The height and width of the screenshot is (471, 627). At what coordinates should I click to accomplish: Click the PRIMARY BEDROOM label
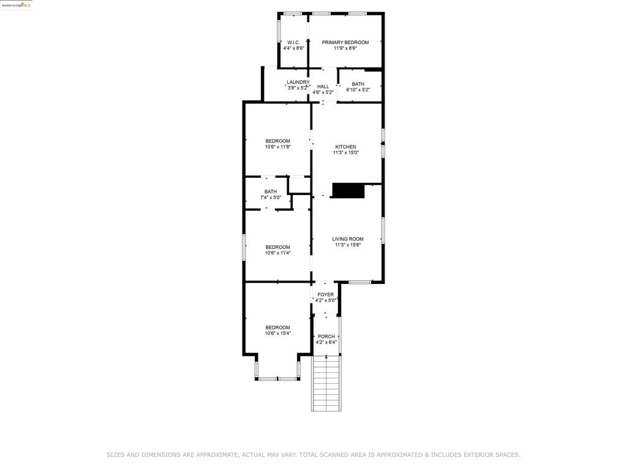pyautogui.click(x=345, y=42)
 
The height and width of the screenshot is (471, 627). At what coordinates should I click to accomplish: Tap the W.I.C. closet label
pyautogui.click(x=293, y=42)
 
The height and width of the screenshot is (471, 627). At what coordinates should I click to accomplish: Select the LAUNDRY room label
pyautogui.click(x=298, y=82)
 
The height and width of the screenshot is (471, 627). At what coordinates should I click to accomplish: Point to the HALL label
pyautogui.click(x=323, y=86)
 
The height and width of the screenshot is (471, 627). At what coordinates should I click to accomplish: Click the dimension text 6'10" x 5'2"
pyautogui.click(x=358, y=90)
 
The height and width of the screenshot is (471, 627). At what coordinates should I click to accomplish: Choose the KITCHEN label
pyautogui.click(x=345, y=147)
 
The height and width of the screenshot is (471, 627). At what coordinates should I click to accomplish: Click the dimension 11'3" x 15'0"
pyautogui.click(x=345, y=153)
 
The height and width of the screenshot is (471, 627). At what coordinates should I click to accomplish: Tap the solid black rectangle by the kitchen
pyautogui.click(x=348, y=191)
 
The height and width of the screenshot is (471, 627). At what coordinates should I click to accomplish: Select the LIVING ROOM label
pyautogui.click(x=348, y=239)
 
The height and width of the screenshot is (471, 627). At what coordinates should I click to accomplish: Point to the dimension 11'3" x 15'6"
pyautogui.click(x=348, y=245)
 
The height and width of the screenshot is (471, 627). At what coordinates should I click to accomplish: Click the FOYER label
pyautogui.click(x=326, y=294)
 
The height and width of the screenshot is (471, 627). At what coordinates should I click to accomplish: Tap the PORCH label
pyautogui.click(x=326, y=336)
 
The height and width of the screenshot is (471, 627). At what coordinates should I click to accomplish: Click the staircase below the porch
pyautogui.click(x=326, y=383)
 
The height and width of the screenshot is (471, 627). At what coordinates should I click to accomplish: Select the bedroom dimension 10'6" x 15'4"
pyautogui.click(x=277, y=334)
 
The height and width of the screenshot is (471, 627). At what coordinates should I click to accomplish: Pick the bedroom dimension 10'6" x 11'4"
pyautogui.click(x=277, y=253)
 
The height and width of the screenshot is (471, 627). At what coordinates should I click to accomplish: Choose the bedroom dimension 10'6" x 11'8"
pyautogui.click(x=277, y=147)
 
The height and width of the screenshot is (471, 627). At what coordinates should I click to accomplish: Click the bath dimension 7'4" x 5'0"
pyautogui.click(x=271, y=198)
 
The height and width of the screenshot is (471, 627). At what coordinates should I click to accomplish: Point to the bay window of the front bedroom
pyautogui.click(x=277, y=378)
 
